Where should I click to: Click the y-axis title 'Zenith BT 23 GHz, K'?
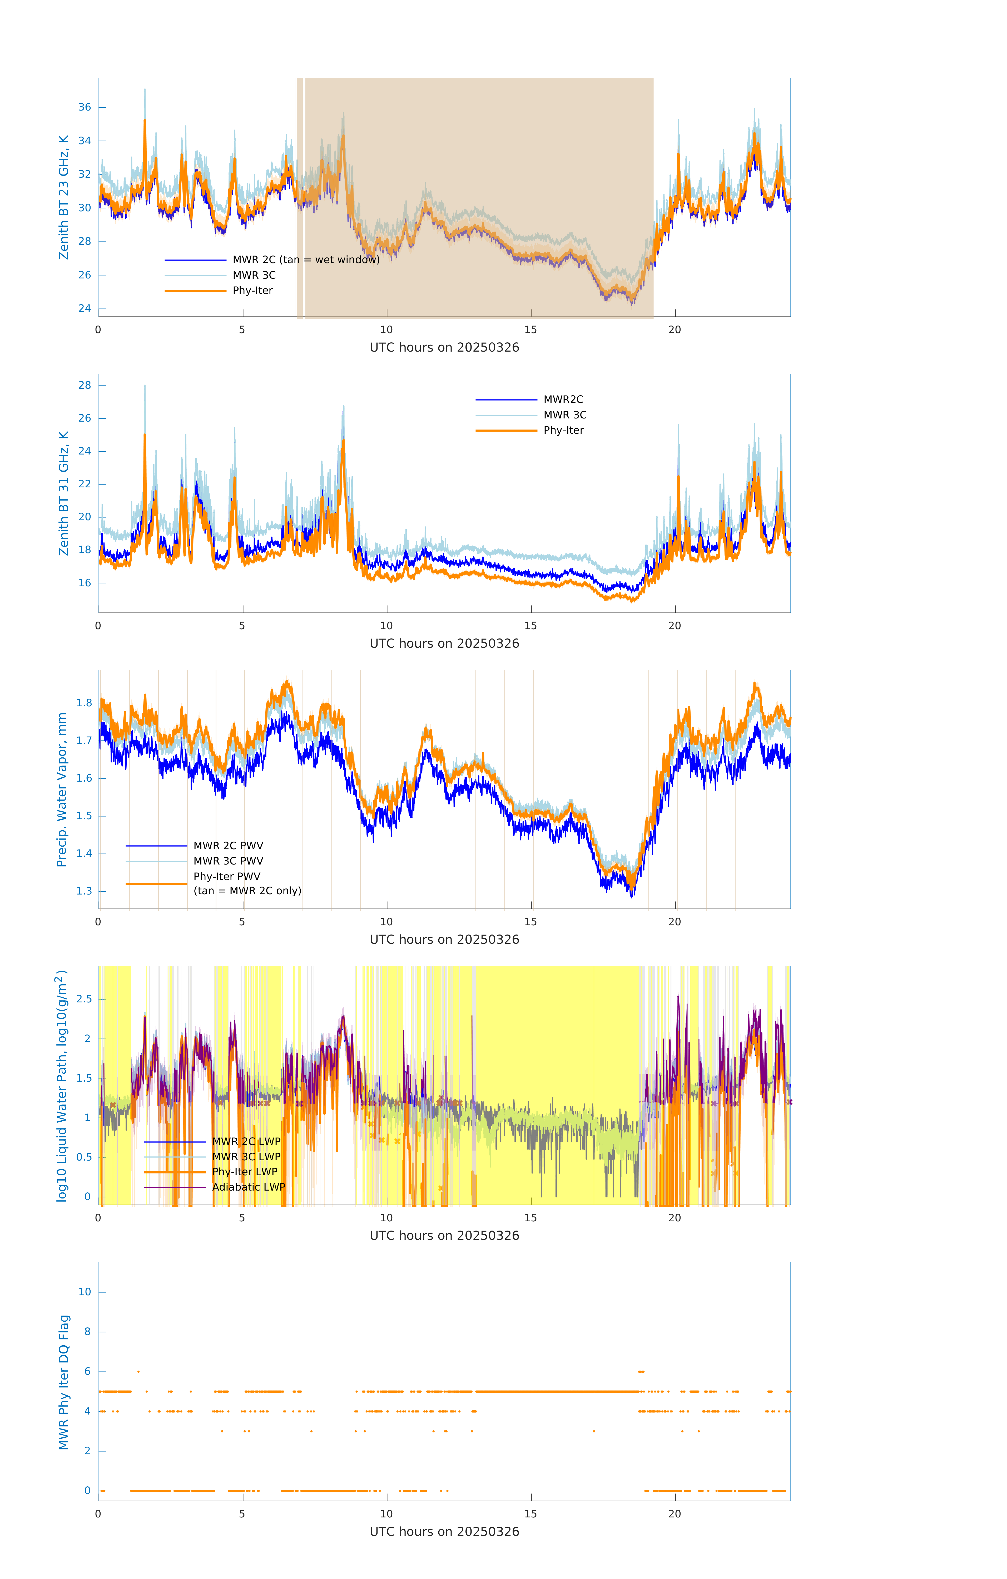point(64,197)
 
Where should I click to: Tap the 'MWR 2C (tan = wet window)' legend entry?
point(306,260)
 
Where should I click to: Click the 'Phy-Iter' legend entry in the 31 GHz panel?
point(563,430)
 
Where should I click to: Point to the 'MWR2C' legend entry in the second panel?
point(563,399)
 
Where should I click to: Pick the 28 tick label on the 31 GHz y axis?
point(85,385)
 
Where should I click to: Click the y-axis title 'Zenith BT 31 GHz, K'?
point(64,493)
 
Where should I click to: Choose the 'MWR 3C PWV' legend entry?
point(228,861)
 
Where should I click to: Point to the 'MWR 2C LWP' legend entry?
point(246,1142)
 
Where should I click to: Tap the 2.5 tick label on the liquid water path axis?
point(84,999)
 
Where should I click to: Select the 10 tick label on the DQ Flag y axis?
point(85,1292)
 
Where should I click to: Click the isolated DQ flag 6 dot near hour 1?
point(138,1371)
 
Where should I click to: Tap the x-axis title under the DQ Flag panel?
point(444,1532)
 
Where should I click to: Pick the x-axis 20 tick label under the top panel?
point(674,330)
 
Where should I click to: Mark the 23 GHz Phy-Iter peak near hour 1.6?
point(145,121)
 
